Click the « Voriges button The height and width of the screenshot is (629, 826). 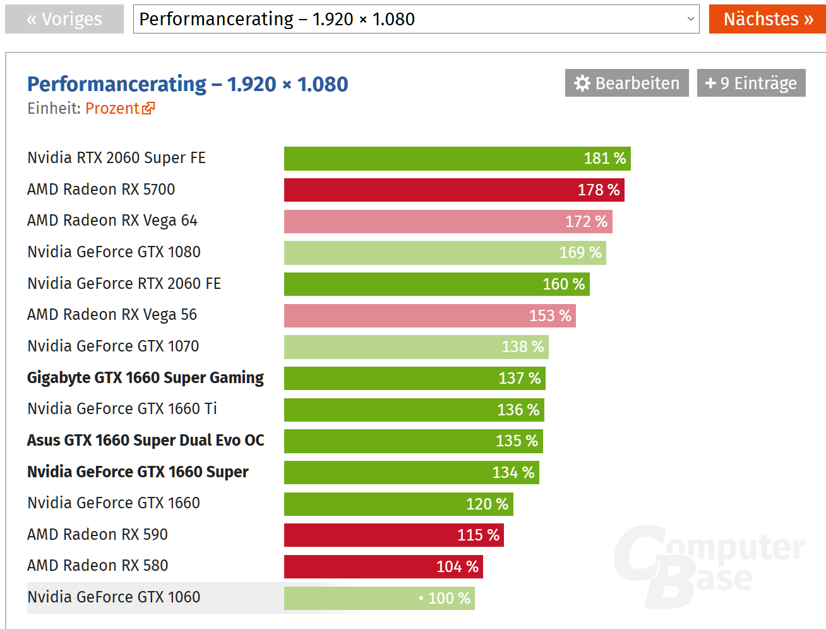pos(64,19)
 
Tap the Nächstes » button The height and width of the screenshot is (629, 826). pos(767,19)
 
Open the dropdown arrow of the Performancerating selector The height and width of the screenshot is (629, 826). pos(690,19)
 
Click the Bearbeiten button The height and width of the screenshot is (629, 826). pos(627,83)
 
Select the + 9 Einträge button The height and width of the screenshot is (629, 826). pos(751,83)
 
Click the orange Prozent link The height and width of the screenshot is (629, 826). pos(112,109)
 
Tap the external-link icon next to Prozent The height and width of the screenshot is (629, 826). pos(148,108)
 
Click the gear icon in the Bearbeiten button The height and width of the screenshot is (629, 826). pos(582,83)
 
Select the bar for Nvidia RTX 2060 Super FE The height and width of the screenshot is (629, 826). pos(457,159)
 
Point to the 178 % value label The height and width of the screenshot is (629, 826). pos(598,190)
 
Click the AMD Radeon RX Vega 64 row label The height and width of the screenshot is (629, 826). pos(112,221)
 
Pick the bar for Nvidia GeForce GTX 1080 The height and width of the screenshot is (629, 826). pos(445,253)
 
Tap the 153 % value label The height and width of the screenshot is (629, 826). pos(550,315)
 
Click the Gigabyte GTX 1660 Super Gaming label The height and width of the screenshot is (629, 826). pos(145,378)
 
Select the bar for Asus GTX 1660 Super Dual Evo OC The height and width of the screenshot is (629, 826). pos(413,441)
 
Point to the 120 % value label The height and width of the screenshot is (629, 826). pos(487,504)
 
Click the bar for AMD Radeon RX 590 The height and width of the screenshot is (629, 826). pos(393,535)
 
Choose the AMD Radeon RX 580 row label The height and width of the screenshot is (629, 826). pos(97,566)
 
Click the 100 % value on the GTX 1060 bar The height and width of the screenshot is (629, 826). pos(449,598)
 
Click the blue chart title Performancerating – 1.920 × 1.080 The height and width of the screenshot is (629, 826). pos(188,83)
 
